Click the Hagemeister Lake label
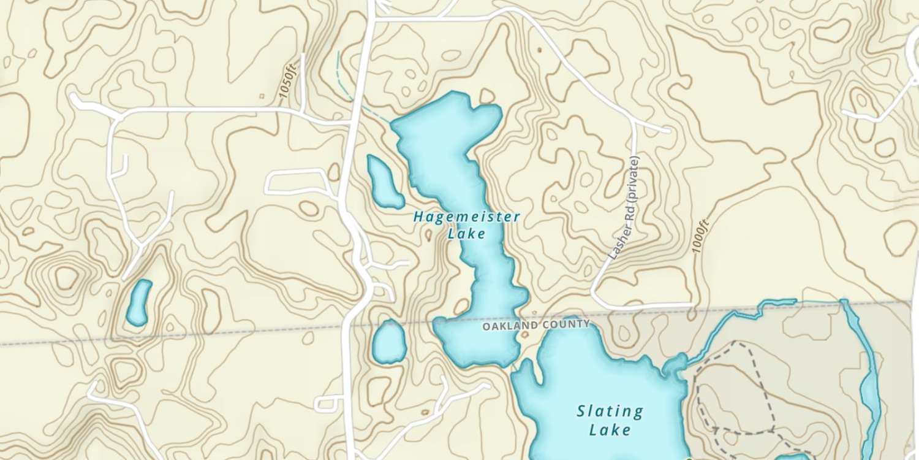(466, 224)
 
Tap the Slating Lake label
(610, 420)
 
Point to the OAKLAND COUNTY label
(536, 324)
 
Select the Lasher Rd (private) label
(626, 209)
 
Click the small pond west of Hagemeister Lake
(384, 182)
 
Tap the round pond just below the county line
(390, 341)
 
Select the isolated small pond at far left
(139, 302)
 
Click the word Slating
(610, 411)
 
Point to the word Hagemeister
(466, 217)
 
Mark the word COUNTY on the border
(564, 324)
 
